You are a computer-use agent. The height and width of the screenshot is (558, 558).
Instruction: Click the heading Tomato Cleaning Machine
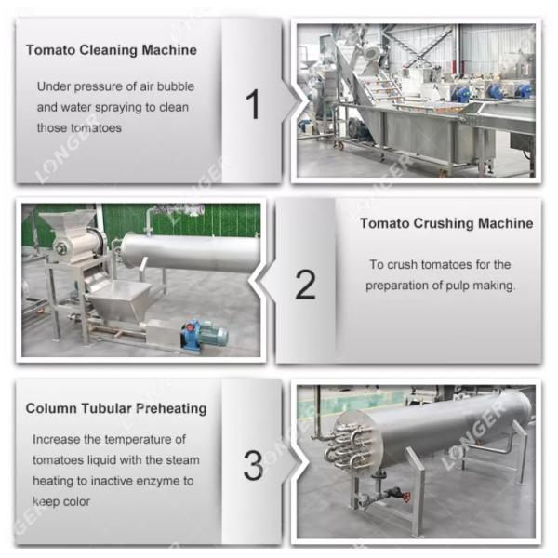tap(111, 49)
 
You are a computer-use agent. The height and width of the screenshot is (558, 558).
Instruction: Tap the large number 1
tap(252, 104)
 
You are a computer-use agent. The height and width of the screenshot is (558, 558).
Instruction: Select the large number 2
tap(305, 285)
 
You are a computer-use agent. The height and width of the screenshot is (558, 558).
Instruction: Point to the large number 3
tap(252, 465)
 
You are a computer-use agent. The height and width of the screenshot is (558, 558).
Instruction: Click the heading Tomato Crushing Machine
tap(446, 223)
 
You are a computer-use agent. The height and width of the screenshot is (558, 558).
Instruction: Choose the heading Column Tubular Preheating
tap(116, 408)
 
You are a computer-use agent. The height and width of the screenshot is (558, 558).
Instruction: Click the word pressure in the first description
tap(101, 86)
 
